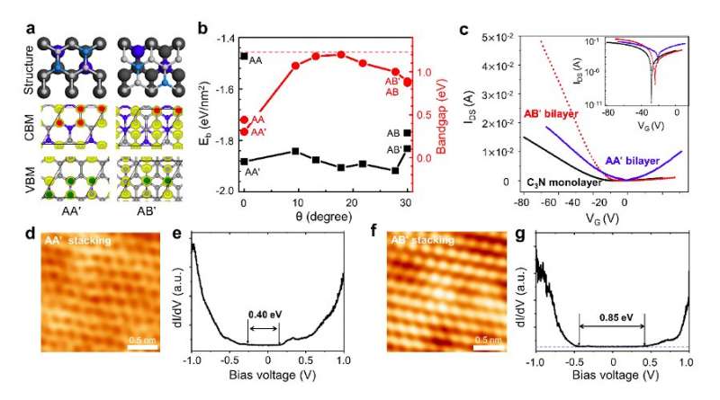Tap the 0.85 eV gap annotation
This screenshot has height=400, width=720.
[611, 316]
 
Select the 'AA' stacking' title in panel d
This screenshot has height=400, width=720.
[76, 241]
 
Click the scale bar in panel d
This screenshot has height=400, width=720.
[135, 345]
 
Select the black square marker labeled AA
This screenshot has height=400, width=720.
[244, 57]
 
